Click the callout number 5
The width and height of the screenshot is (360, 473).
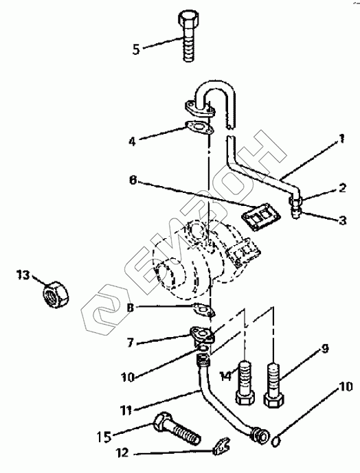(x=136, y=49)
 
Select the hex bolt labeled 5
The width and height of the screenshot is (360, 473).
(x=189, y=36)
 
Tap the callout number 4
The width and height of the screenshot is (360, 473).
(x=133, y=141)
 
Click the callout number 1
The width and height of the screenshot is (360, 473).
(x=341, y=139)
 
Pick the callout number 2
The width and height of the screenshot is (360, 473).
(x=342, y=188)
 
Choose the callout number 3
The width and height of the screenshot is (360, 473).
(x=343, y=220)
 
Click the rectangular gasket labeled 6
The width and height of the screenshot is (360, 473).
(x=260, y=216)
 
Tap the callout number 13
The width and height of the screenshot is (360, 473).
(x=23, y=275)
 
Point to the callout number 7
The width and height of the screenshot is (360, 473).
(x=130, y=343)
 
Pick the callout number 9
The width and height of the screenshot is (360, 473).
(x=324, y=349)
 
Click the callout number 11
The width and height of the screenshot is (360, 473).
(x=126, y=411)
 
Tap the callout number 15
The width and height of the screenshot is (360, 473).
(x=104, y=437)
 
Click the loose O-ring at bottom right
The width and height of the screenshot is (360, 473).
(x=276, y=443)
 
